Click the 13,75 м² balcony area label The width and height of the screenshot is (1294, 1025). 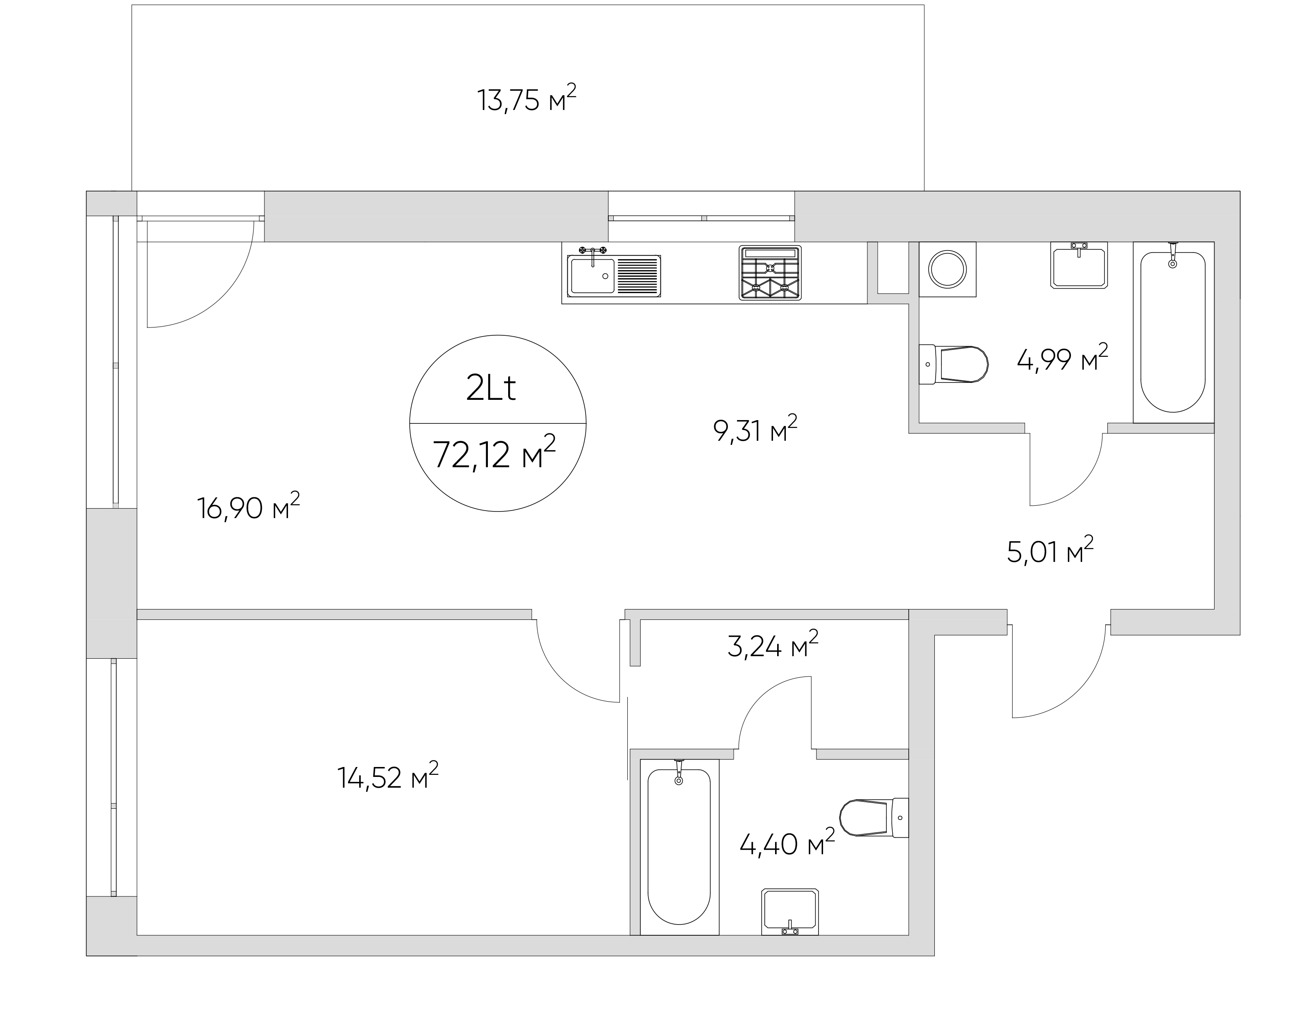coord(526,99)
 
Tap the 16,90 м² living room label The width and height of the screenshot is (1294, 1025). coord(248,507)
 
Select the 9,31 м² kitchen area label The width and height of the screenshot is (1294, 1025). coord(755,430)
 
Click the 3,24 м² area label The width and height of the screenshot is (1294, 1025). coord(773,645)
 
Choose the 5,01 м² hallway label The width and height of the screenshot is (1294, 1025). coord(1050,551)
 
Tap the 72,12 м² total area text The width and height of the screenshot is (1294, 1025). coord(494,454)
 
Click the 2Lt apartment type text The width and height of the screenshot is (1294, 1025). coord(491,389)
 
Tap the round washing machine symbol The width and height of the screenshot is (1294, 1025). coord(948,269)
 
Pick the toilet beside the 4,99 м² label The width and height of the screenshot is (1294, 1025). coord(953,364)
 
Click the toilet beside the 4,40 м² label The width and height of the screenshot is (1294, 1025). coord(874,817)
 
